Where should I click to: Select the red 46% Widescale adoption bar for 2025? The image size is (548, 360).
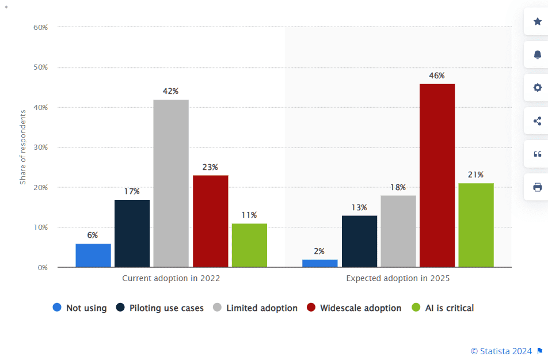coord(437,175)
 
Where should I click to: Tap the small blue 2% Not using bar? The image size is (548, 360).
coord(319,263)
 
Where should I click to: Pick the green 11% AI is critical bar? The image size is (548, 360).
coord(249,245)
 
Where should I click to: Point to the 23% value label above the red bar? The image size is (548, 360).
coord(210,167)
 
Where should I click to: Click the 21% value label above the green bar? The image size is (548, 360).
coord(475,175)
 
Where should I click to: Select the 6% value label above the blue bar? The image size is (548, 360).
coord(93,235)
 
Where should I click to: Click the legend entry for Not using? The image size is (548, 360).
coord(80,308)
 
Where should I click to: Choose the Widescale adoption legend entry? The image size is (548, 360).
coord(355,308)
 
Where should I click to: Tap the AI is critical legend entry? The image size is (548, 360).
coord(443,308)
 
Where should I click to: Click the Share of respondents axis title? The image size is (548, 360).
coord(23,147)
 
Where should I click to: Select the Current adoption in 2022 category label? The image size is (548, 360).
coord(171,278)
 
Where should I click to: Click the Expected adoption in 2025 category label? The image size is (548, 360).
coord(398,278)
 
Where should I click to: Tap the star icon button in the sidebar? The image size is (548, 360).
coord(537,22)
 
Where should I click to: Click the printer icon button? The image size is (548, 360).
coord(537,187)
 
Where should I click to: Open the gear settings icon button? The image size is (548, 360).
coord(537,88)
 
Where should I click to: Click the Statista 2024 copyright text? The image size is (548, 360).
coord(502,350)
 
